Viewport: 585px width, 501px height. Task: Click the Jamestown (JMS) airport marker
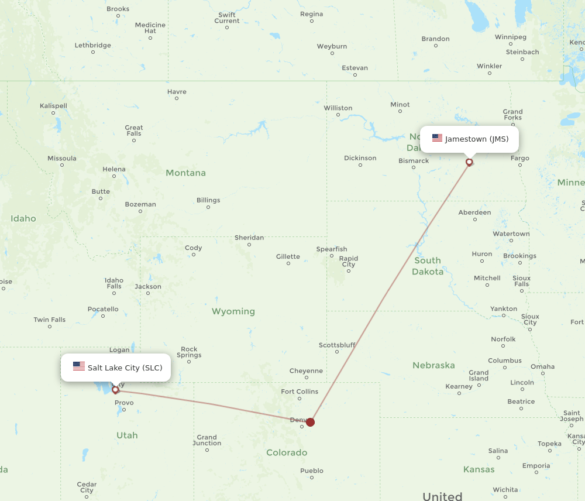click(x=469, y=162)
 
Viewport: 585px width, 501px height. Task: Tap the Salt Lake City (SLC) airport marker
click(x=115, y=390)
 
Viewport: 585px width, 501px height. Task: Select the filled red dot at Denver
click(x=311, y=422)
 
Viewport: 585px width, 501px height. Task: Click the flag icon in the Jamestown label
click(x=437, y=138)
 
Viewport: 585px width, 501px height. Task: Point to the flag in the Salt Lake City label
click(x=79, y=366)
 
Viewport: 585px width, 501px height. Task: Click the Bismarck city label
click(x=414, y=161)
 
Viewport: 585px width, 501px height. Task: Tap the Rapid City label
click(x=349, y=261)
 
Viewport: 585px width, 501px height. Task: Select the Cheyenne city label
click(x=306, y=370)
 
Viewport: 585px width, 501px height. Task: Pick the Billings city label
click(x=208, y=200)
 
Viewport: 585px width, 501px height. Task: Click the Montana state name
click(x=185, y=173)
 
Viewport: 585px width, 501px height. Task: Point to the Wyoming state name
click(x=233, y=311)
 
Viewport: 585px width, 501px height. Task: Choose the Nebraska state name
click(x=433, y=365)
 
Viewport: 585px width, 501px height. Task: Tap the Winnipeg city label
click(x=511, y=37)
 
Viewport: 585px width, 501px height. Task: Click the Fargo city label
click(x=519, y=158)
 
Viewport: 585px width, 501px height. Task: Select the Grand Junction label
click(x=207, y=440)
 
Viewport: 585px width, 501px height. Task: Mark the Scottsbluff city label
click(x=337, y=345)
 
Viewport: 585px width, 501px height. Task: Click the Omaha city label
click(x=542, y=366)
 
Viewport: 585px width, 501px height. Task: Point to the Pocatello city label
click(x=103, y=309)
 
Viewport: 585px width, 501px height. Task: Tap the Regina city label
click(x=311, y=14)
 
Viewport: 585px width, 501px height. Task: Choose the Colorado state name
click(x=287, y=452)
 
